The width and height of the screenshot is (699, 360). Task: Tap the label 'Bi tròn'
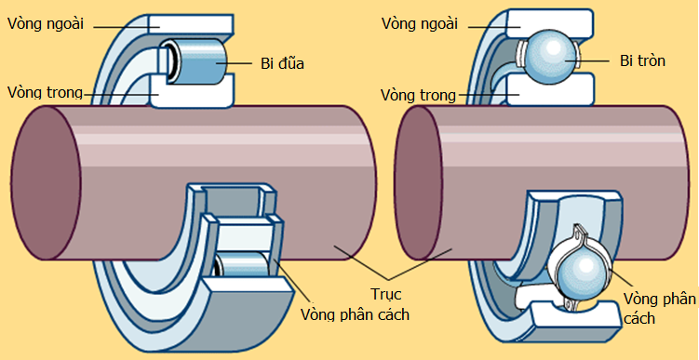click(x=643, y=61)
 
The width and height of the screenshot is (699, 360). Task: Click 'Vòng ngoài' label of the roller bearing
click(x=46, y=24)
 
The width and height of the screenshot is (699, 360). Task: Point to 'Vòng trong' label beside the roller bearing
click(x=45, y=92)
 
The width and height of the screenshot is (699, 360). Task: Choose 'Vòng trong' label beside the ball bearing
click(x=418, y=95)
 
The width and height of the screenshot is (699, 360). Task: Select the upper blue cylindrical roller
click(x=196, y=60)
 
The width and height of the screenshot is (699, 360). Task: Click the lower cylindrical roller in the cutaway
click(x=243, y=268)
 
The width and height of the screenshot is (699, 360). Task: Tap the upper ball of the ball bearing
click(x=549, y=59)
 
